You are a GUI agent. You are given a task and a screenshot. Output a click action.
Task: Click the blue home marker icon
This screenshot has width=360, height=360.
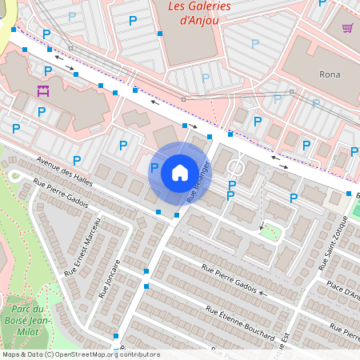point(180,173)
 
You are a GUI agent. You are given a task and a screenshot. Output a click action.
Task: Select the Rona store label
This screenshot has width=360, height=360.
point(330,74)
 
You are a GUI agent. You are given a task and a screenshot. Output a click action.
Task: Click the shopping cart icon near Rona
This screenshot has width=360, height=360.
point(348,28)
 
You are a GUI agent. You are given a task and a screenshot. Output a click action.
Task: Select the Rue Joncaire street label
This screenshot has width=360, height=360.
point(109,278)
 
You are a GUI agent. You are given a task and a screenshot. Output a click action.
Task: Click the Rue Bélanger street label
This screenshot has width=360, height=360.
point(198,181)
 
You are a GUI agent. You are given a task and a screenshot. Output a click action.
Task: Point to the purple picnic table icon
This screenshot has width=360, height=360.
point(43,90)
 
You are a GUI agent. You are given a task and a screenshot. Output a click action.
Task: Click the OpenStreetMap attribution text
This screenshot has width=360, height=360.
point(80,354)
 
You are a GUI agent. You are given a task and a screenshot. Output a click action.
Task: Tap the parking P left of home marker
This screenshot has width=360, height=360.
point(154,168)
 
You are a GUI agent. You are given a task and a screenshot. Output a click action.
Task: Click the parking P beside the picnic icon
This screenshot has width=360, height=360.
point(42,112)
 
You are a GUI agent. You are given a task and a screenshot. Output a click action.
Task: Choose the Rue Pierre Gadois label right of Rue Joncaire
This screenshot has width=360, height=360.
point(229,278)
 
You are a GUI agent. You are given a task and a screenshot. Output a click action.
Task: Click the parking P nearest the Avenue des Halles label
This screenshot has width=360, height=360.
point(77,160)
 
